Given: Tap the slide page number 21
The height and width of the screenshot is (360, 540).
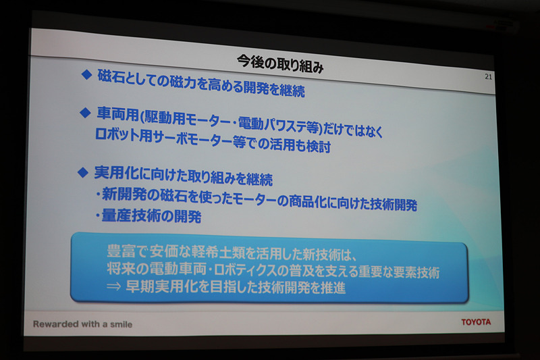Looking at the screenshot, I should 489,77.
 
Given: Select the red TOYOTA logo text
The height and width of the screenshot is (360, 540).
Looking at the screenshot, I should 476,322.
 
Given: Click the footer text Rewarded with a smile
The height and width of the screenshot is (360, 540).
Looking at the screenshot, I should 82,324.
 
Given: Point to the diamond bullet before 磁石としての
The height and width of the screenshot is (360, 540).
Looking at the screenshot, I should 86,75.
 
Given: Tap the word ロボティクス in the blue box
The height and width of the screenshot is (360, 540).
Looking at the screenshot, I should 264,272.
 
